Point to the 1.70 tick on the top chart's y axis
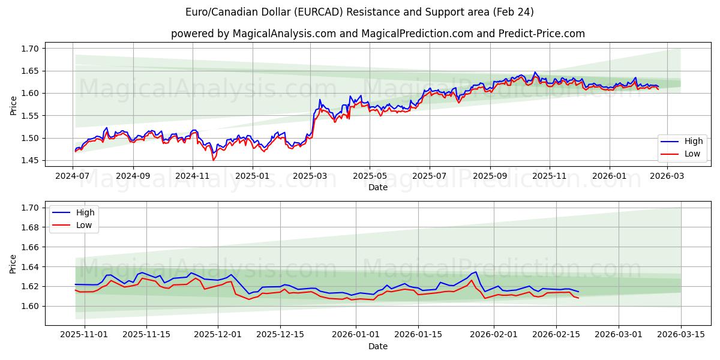click(x=30, y=49)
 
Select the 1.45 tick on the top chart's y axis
click(x=30, y=160)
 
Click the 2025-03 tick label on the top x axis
click(x=310, y=176)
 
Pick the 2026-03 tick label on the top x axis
click(x=667, y=176)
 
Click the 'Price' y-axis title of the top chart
click(x=13, y=106)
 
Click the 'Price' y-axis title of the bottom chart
click(x=13, y=264)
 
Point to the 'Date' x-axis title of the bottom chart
click(x=377, y=346)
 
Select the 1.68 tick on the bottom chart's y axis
click(x=30, y=227)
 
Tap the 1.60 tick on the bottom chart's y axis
click(x=30, y=306)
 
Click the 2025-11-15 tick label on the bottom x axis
click(x=147, y=335)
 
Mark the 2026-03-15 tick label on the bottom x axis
click(x=681, y=335)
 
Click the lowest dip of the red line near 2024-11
click(x=213, y=160)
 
